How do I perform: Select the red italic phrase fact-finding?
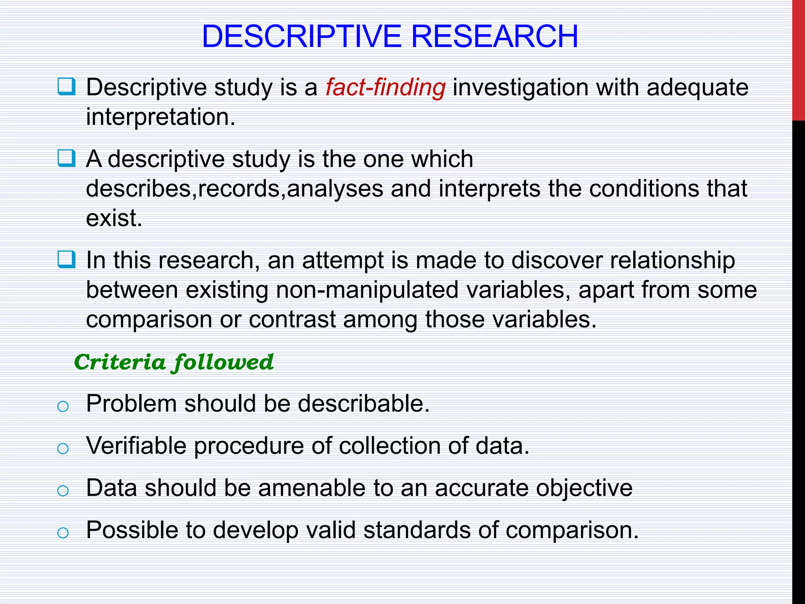coord(386,87)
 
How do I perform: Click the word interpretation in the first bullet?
coord(160,117)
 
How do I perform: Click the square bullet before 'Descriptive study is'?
coord(66,87)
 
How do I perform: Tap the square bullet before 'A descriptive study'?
coord(66,158)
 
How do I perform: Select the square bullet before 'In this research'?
coord(66,260)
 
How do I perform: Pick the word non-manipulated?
coord(368,290)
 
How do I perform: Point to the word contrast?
coord(292,319)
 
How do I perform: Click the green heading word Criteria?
coord(120,362)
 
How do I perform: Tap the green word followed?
coord(223,362)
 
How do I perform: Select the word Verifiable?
coord(136,446)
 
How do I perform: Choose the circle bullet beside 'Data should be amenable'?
coord(63,490)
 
